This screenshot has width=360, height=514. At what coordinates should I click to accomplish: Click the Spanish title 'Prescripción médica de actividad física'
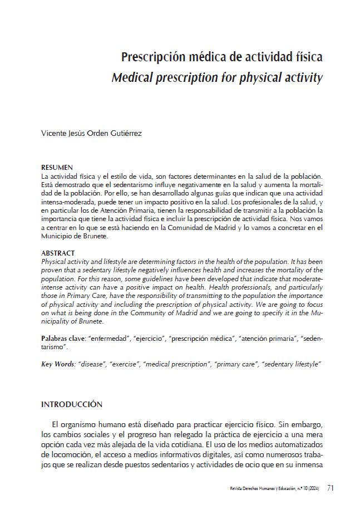pos(222,57)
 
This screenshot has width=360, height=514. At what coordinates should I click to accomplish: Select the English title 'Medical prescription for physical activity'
pos(217,77)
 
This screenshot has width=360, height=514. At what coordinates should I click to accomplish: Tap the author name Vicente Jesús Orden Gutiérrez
pos(92,134)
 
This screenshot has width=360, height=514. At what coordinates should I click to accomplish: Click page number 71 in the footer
pos(330,488)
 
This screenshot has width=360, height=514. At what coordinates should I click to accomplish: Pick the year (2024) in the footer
pos(313,489)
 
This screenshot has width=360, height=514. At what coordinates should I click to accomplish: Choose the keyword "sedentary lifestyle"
pos(291,364)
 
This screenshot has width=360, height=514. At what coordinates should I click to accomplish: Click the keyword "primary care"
pos(235,364)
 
